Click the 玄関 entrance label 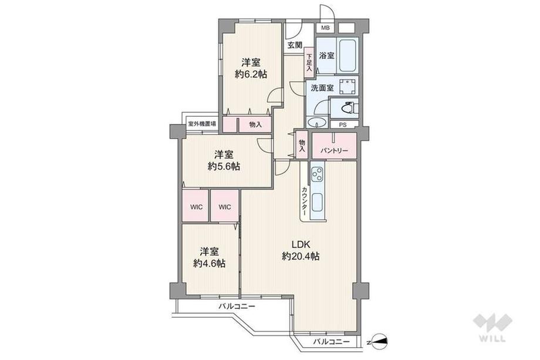[295, 45]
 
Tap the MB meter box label [325, 28]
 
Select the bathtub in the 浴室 [349, 55]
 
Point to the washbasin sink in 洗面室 [317, 123]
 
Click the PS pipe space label [343, 125]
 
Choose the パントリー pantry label [334, 150]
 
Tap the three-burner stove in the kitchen [318, 174]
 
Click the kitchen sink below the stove [317, 202]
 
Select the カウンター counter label [305, 201]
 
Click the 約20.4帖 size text [301, 256]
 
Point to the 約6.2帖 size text [251, 74]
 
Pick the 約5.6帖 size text [224, 166]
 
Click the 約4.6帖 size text [210, 264]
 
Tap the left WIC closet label [196, 207]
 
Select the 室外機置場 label [202, 123]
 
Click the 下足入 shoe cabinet [309, 63]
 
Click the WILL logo [492, 327]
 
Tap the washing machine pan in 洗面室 [348, 87]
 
